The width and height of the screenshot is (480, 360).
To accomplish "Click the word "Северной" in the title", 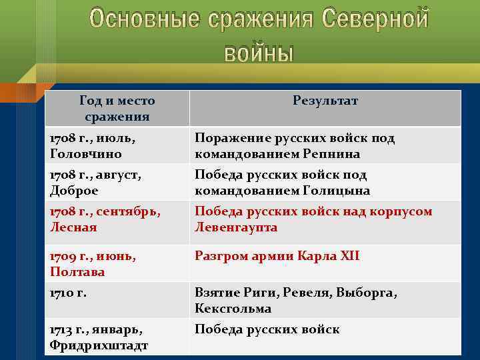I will [x=375, y=20].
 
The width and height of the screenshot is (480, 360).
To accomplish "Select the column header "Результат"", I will [x=325, y=101].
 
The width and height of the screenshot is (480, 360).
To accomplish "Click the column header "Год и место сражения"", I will [x=117, y=109].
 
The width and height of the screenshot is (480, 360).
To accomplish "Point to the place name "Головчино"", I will [x=85, y=154].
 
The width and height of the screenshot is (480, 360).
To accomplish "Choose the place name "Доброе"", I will [x=74, y=191].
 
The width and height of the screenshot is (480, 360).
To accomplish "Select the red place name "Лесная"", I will [x=73, y=227].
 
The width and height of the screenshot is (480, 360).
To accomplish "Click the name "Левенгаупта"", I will [x=236, y=227].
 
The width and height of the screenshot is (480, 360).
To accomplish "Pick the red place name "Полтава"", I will [x=77, y=272].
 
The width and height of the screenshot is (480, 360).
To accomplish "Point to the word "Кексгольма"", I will [x=233, y=309].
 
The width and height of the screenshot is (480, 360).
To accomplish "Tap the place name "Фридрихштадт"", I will [x=99, y=345].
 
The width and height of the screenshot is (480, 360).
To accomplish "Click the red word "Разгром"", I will [x=219, y=256].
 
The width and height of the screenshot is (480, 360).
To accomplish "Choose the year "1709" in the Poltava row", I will [x=64, y=256].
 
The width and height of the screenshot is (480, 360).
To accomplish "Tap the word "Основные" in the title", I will [x=143, y=20].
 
